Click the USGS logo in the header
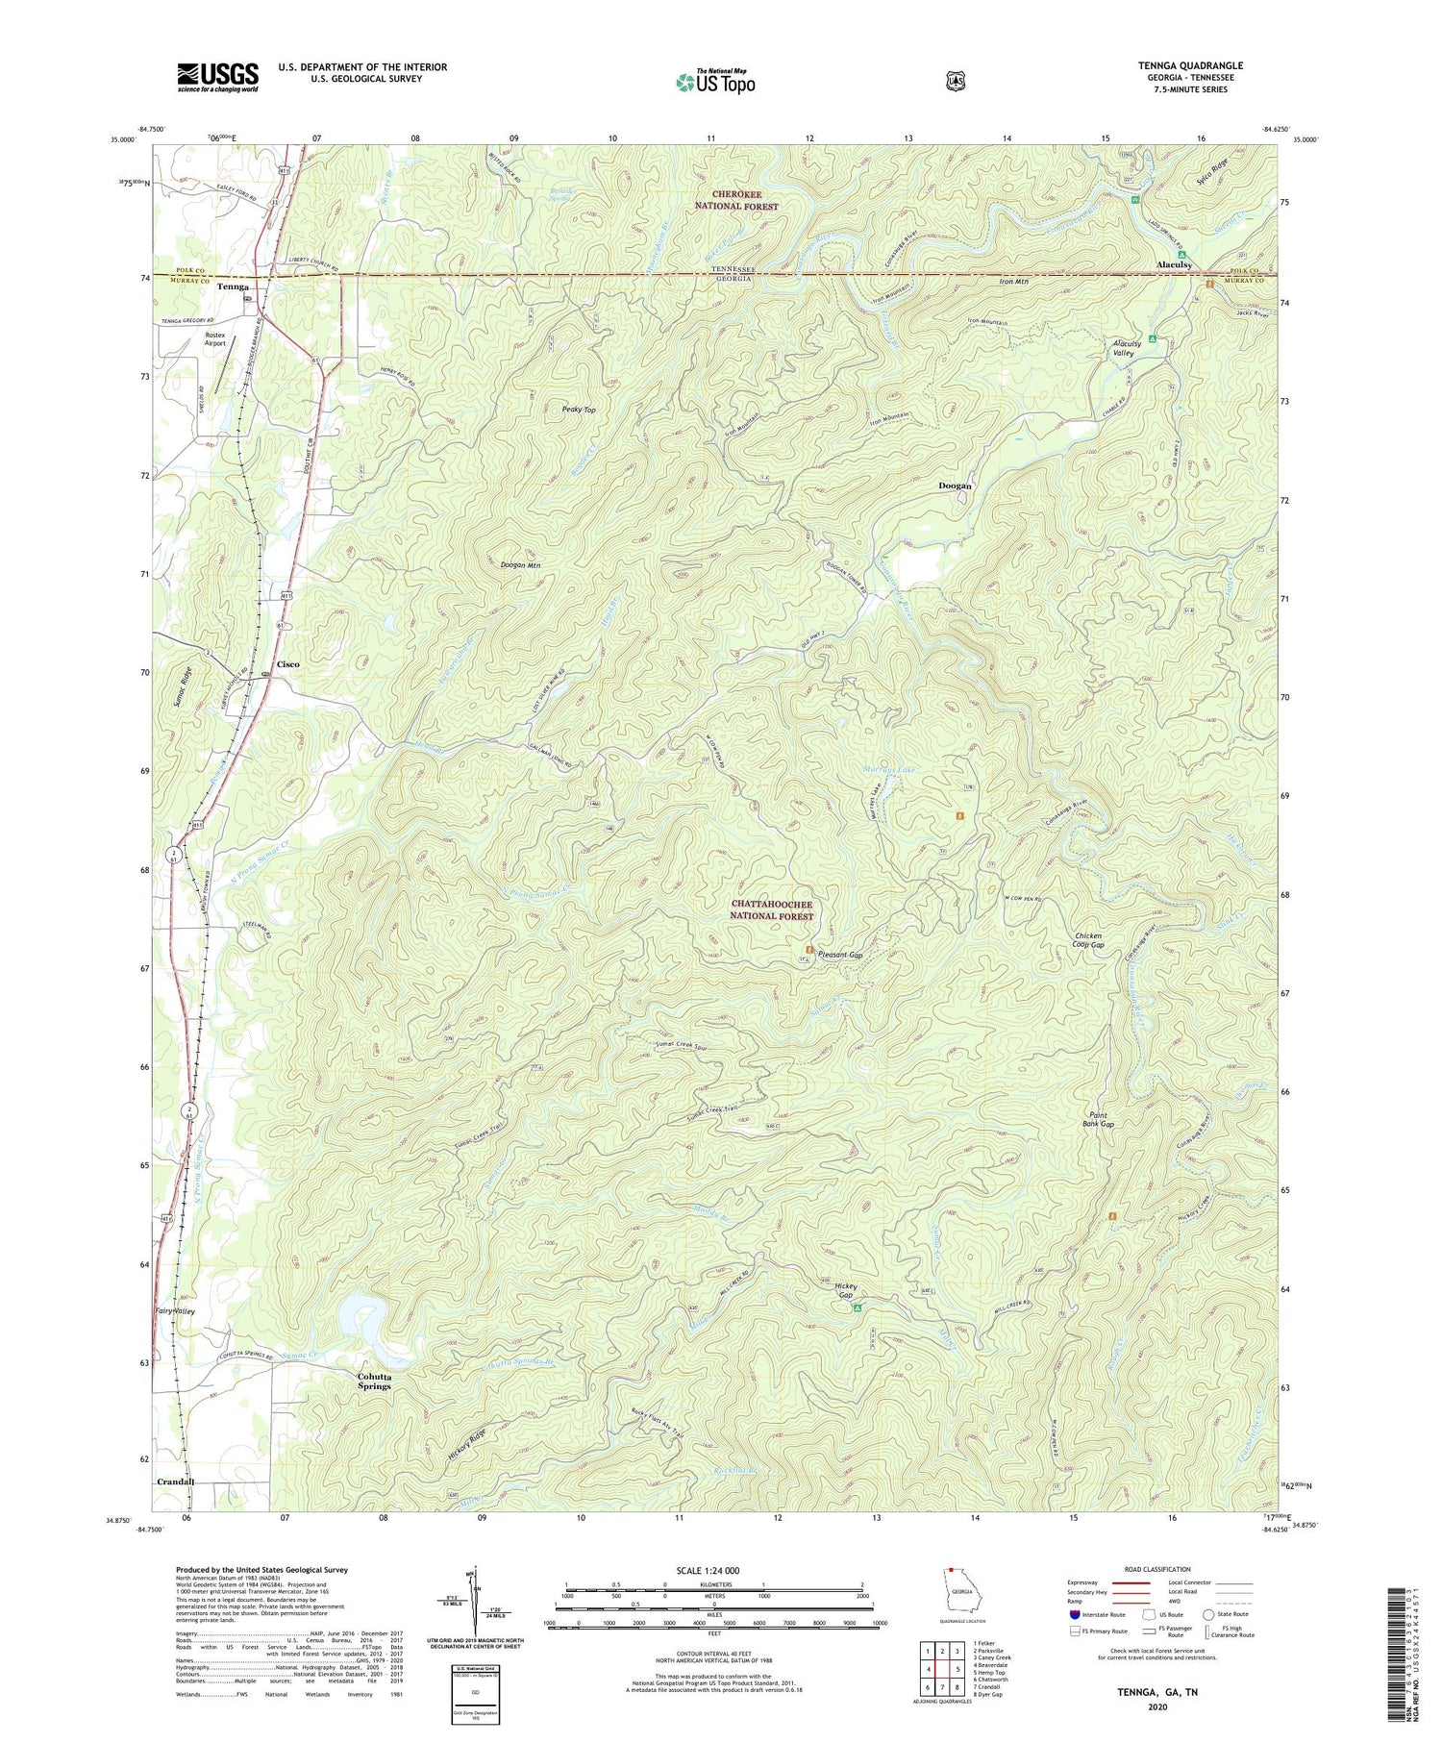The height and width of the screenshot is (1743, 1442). tap(217, 76)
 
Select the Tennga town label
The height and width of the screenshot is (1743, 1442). tap(233, 286)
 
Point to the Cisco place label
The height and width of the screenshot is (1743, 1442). tap(288, 664)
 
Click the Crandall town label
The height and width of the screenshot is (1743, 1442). tap(175, 1482)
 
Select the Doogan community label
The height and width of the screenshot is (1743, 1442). tap(955, 486)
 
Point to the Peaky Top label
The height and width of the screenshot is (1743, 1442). tap(579, 410)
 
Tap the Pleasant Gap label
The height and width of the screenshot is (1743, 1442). tap(840, 956)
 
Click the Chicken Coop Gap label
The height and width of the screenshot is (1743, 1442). tap(1088, 940)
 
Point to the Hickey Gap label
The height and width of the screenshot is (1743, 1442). tap(845, 1290)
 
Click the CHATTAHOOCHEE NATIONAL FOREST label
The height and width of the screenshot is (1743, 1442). tap(772, 910)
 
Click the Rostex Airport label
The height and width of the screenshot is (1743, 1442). tap(215, 338)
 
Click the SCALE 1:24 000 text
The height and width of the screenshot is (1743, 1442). tap(713, 1570)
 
